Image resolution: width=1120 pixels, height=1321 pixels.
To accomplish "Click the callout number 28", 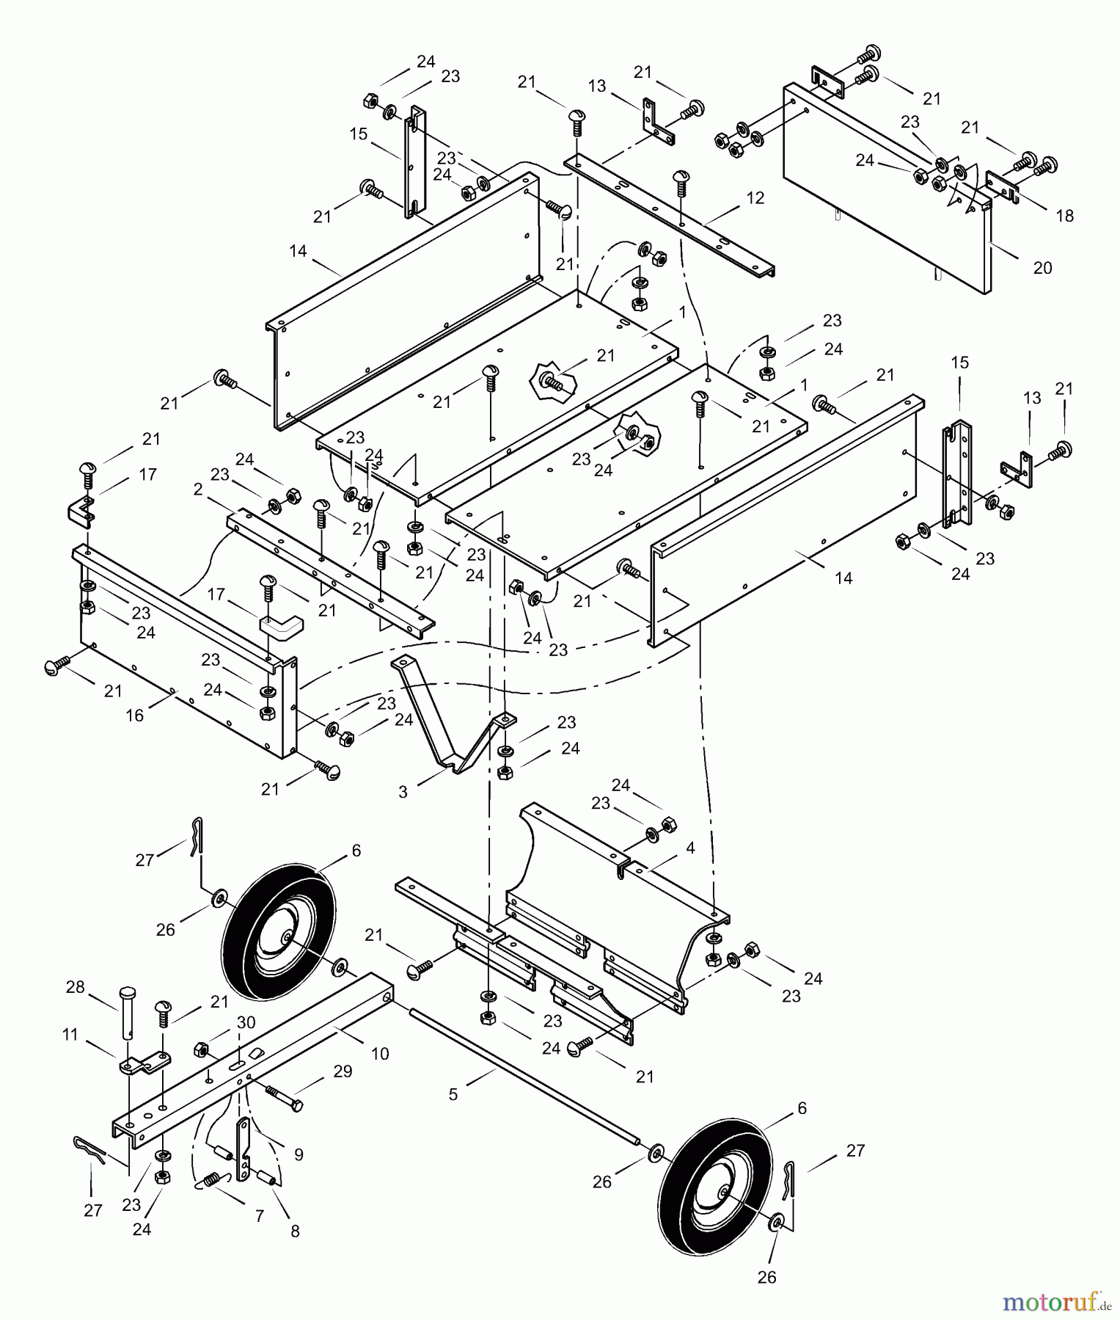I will tap(76, 987).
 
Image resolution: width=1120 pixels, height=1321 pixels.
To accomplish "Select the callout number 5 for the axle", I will tap(453, 1094).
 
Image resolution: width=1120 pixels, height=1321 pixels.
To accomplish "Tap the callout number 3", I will tap(403, 792).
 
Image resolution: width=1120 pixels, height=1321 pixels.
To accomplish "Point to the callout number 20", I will tap(1042, 268).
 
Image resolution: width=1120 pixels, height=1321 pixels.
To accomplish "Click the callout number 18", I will tap(1064, 216).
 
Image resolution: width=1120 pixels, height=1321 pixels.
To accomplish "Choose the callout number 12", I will tap(755, 198).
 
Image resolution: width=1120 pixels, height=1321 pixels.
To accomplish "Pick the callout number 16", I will tap(135, 715).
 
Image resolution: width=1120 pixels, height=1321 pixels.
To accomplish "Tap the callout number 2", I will tap(198, 490).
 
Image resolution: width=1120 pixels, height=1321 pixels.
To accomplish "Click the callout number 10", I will tap(380, 1053).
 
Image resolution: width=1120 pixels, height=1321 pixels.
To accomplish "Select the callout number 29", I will tap(343, 1071).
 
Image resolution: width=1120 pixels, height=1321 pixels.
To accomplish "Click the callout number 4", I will tap(690, 848).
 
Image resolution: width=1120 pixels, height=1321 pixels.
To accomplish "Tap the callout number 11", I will tap(70, 1035).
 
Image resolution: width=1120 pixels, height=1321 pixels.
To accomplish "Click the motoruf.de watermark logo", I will tap(1055, 1302).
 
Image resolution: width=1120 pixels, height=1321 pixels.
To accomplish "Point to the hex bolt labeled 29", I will tap(282, 1098).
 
